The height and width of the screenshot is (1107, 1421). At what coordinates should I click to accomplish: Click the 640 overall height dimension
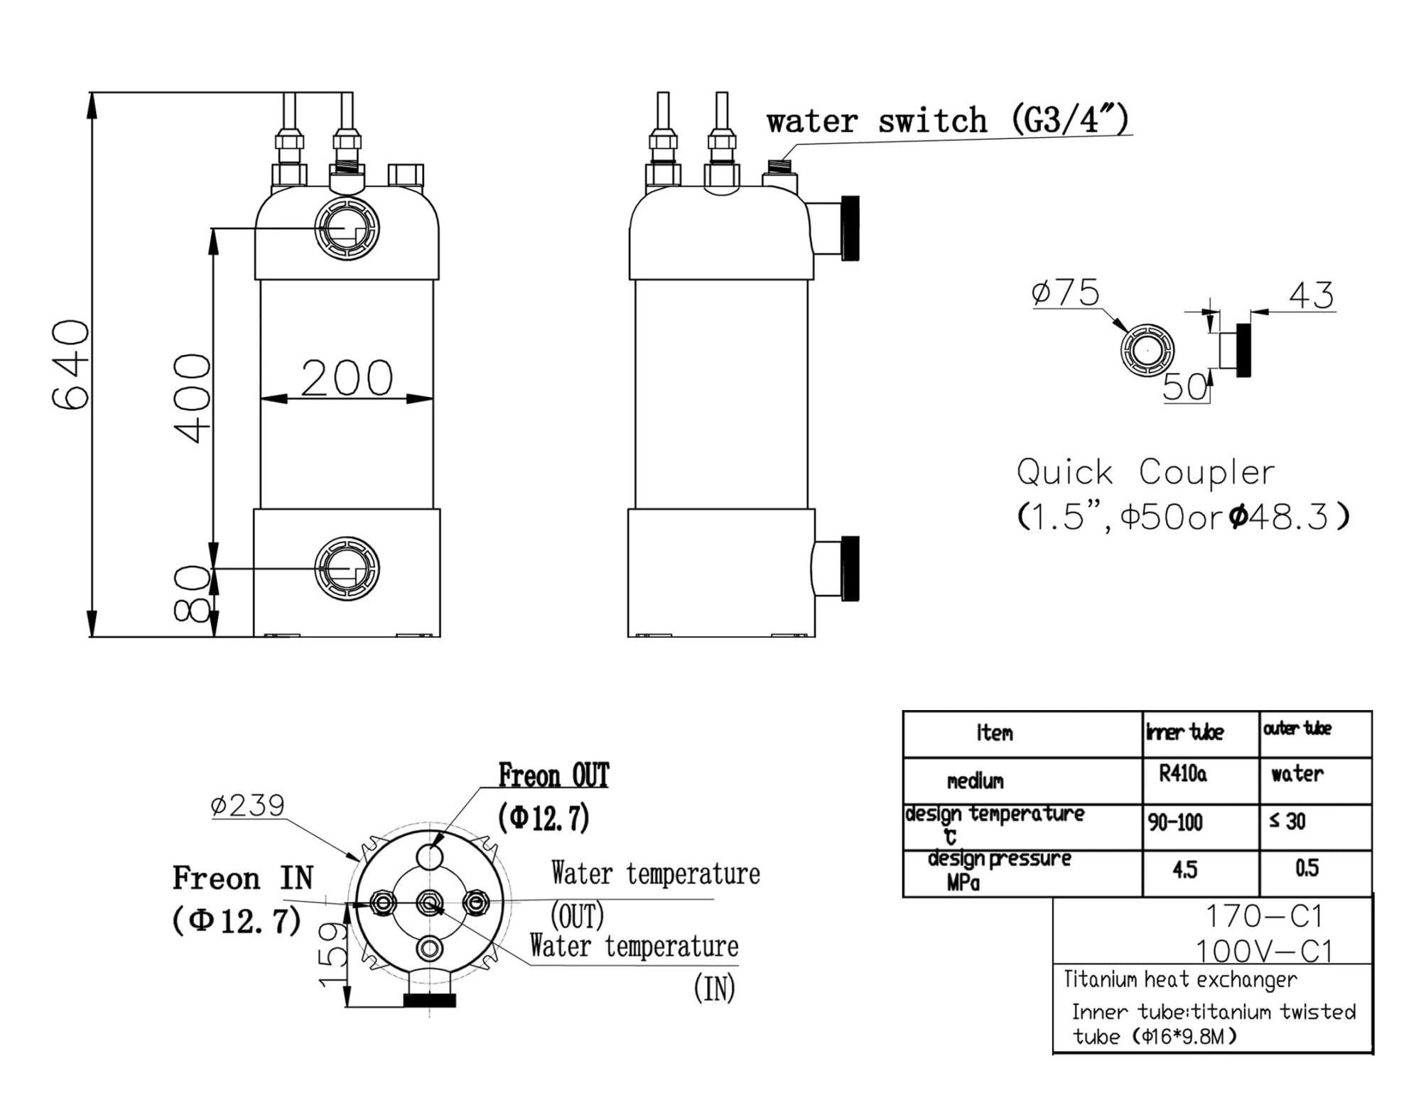click(x=71, y=364)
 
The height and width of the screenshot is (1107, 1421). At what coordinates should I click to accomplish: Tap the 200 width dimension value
click(x=347, y=378)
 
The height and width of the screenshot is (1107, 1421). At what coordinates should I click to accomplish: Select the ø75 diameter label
click(x=1065, y=293)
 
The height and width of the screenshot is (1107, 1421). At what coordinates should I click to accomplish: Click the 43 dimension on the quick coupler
click(x=1312, y=295)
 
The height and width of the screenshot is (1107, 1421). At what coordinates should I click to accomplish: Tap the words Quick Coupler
click(x=1145, y=472)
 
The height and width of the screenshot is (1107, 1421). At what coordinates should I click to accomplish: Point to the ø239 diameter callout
click(x=247, y=805)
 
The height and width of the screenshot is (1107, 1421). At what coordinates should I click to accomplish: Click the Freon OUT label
click(x=553, y=775)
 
